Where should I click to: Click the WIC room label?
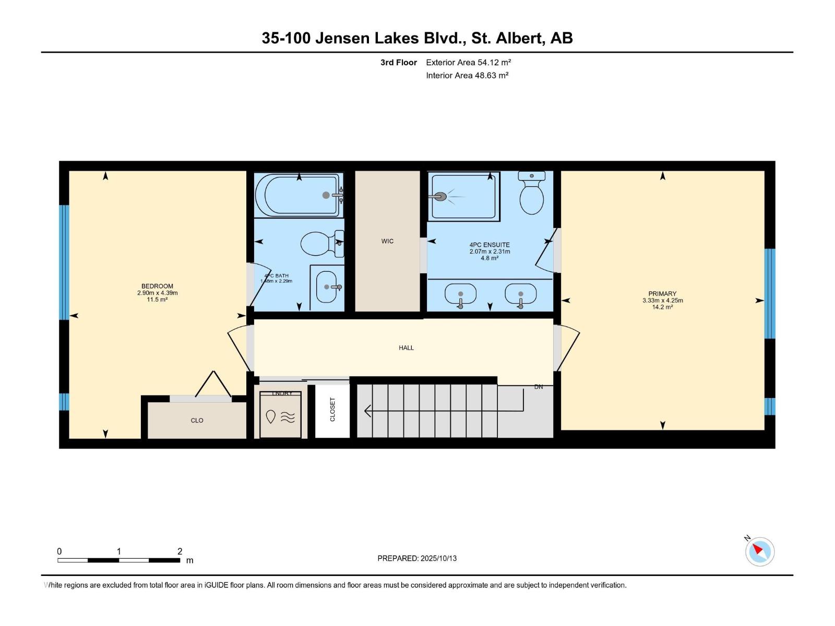(387, 241)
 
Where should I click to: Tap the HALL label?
(406, 347)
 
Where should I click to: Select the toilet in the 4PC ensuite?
(532, 194)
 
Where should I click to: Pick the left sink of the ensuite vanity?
(460, 294)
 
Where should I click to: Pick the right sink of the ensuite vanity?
(520, 294)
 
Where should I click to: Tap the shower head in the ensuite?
(440, 197)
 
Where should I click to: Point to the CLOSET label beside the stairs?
(332, 410)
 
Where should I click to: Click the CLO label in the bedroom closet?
(197, 420)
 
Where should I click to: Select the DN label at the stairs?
(539, 387)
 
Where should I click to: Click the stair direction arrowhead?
(367, 411)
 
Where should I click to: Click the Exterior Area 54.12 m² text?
(468, 62)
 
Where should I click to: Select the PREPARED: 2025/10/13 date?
(417, 558)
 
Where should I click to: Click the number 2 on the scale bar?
(180, 551)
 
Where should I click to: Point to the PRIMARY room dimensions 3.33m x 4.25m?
(662, 300)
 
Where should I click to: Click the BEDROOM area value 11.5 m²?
(157, 300)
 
